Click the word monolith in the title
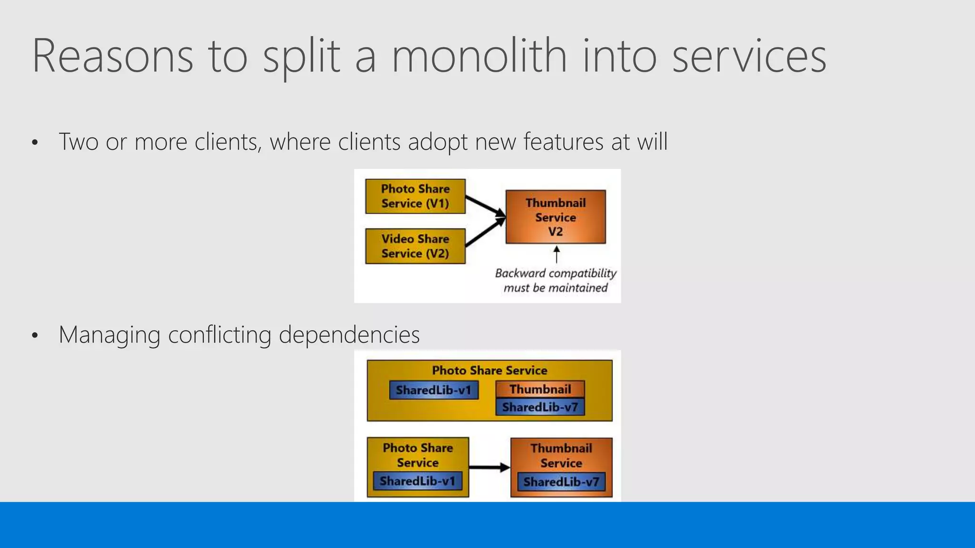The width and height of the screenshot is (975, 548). coord(479,56)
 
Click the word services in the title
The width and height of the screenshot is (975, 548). coord(749,56)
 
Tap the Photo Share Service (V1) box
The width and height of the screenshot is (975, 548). coord(415,196)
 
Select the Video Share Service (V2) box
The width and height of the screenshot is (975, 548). coord(415,246)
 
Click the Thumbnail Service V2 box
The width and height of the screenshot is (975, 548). coord(556,217)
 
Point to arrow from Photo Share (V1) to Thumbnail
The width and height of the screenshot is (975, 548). coord(485,205)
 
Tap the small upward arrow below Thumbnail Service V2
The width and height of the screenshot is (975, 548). coord(557,254)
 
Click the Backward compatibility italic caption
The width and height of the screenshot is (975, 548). coord(556,280)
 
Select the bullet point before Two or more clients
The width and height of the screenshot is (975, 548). coord(34,143)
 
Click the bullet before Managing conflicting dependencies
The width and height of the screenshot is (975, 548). coord(34,336)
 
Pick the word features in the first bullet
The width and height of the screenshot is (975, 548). coord(563,142)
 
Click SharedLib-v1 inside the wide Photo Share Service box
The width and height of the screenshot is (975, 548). coord(434,390)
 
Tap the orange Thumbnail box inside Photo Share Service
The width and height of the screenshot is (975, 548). coord(540,389)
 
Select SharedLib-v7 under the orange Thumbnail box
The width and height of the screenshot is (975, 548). coord(540,407)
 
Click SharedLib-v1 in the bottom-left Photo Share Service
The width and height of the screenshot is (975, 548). coord(418,481)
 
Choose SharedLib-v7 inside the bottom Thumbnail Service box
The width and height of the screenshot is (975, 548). coord(561,482)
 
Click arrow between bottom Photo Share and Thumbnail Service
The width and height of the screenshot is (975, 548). coord(489,468)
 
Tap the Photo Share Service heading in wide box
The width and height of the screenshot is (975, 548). coord(489,370)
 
